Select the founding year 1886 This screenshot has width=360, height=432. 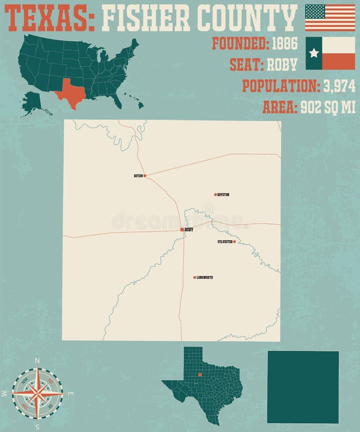click(x=285, y=43)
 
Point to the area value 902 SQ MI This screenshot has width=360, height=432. click(x=328, y=108)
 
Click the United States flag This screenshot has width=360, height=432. click(x=330, y=17)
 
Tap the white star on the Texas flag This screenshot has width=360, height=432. click(x=314, y=53)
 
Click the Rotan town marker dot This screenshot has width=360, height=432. click(x=144, y=176)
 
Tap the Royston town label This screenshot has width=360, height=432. click(x=223, y=195)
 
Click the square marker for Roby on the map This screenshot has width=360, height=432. click(x=182, y=229)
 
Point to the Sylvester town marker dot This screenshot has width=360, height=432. click(x=234, y=242)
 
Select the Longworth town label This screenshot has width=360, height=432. click(x=205, y=277)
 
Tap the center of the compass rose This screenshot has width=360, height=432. click(x=37, y=393)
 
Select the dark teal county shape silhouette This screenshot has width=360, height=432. click(x=303, y=387)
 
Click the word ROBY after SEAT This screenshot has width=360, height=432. click(x=282, y=64)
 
